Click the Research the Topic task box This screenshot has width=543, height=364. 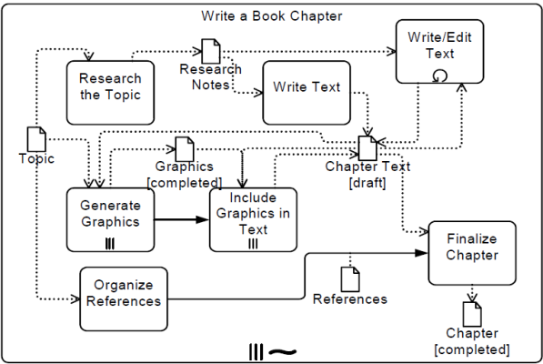[110, 93]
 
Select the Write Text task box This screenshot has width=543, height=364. [307, 93]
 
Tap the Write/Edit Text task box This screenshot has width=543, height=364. [440, 52]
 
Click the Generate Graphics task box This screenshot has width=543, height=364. [110, 220]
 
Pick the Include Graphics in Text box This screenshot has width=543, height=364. [253, 220]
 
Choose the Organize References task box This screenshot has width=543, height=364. [124, 298]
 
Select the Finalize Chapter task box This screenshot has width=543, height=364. [472, 253]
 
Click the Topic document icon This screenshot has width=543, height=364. [36, 139]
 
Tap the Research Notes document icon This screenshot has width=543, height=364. [211, 51]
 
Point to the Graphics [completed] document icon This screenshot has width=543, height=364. [185, 149]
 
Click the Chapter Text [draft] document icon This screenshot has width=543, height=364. [367, 148]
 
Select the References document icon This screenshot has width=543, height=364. [350, 279]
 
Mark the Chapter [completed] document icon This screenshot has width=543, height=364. [472, 314]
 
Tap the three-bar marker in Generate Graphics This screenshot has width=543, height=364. [110, 244]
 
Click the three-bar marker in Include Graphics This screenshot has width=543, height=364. [253, 244]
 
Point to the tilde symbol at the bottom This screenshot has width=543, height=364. [283, 352]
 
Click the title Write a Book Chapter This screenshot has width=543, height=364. [272, 16]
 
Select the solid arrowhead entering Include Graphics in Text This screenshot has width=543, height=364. [203, 219]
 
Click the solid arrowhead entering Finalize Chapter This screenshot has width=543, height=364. [421, 253]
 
